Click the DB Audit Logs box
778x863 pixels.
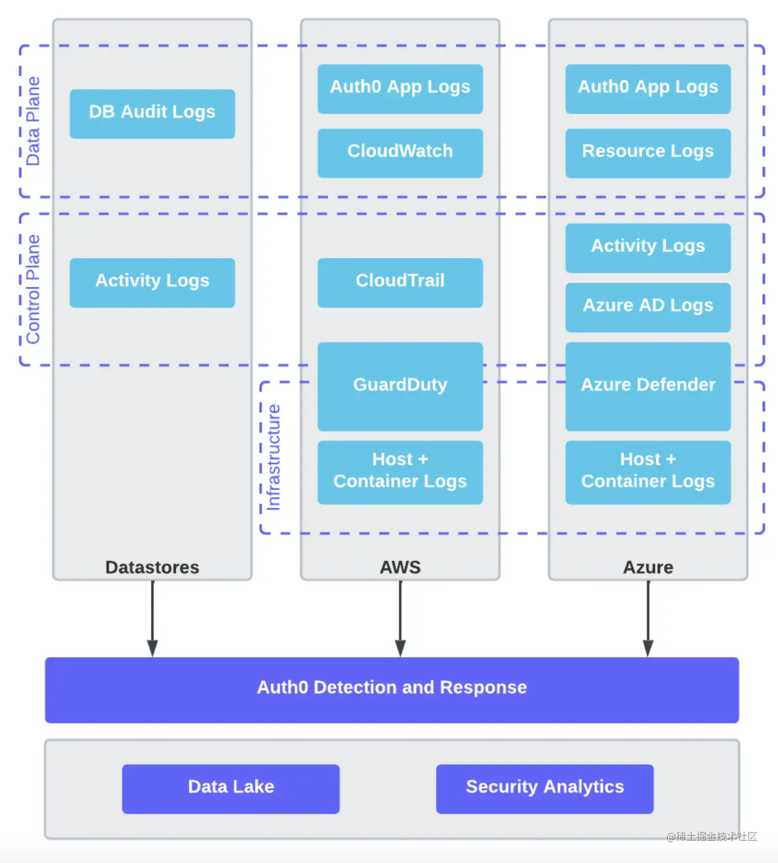(152, 113)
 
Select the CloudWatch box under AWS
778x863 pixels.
(400, 153)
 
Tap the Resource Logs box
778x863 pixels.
(648, 153)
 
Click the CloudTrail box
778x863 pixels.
(400, 282)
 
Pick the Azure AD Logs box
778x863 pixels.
(648, 307)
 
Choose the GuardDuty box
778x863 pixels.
(400, 386)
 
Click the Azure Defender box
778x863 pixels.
(648, 386)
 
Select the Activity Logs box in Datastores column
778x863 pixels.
(152, 282)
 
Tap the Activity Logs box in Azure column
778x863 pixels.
(648, 247)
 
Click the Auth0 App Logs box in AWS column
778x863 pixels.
(400, 88)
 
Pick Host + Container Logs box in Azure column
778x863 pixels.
(648, 472)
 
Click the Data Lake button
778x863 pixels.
(231, 788)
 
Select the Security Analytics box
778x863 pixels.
(544, 788)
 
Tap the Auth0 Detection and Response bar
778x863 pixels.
(392, 689)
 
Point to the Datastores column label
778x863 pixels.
(152, 567)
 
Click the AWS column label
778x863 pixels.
(400, 567)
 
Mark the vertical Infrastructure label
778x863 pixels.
(273, 457)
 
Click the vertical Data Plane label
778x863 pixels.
(33, 121)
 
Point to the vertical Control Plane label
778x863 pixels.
(33, 289)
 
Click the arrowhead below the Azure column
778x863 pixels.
(648, 648)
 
